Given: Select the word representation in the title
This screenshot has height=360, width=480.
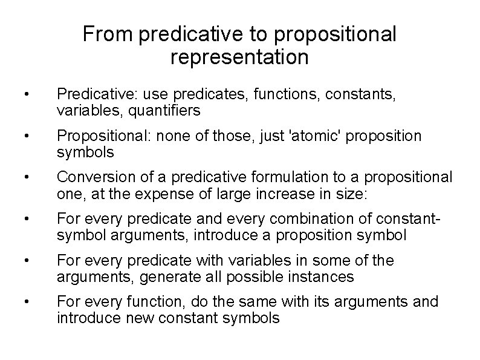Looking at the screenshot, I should point(239,57).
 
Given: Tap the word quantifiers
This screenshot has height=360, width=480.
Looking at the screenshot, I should point(166,111).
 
